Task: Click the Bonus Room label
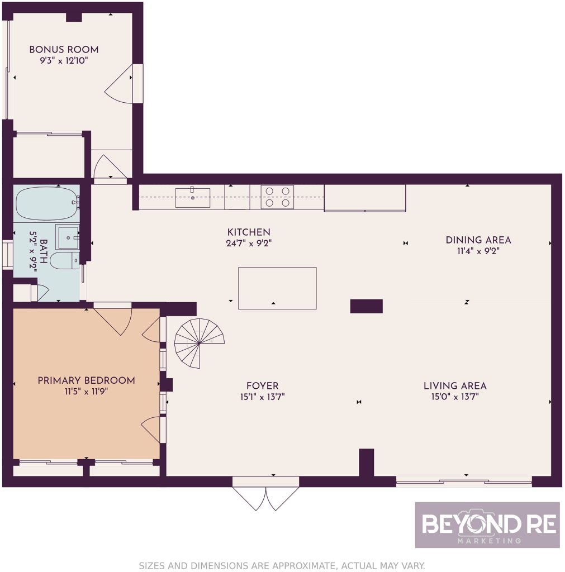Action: pyautogui.click(x=64, y=50)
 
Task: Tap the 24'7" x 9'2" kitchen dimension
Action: pyautogui.click(x=249, y=244)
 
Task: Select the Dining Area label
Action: pyautogui.click(x=478, y=240)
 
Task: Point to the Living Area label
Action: pyautogui.click(x=455, y=385)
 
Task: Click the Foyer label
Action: pyautogui.click(x=263, y=385)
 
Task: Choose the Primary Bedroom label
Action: pyautogui.click(x=87, y=380)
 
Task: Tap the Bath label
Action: pyautogui.click(x=44, y=251)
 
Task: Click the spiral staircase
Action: pyautogui.click(x=200, y=344)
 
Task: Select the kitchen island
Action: pyautogui.click(x=277, y=288)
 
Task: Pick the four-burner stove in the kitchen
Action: pyautogui.click(x=277, y=197)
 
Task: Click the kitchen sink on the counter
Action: pyautogui.click(x=193, y=197)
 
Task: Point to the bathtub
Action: pyautogui.click(x=47, y=203)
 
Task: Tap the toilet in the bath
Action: pyautogui.click(x=64, y=260)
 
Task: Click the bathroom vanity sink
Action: pyautogui.click(x=67, y=237)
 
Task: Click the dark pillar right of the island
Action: pyautogui.click(x=367, y=307)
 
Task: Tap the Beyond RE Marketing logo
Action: pyautogui.click(x=487, y=525)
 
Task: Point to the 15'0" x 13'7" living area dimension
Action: pyautogui.click(x=455, y=397)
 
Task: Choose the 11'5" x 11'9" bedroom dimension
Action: pyautogui.click(x=87, y=392)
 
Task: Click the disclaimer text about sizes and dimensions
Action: pyautogui.click(x=282, y=565)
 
